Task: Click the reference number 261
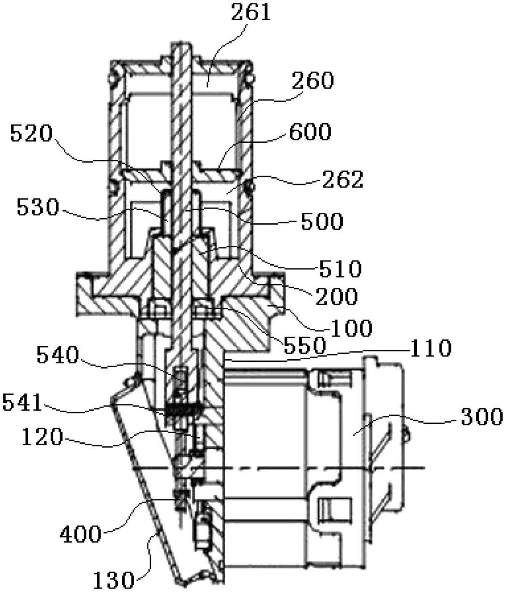[x=251, y=12]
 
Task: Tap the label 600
[x=310, y=132]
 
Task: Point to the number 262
[x=343, y=179]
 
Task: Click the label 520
[x=31, y=133]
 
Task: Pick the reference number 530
[x=38, y=207]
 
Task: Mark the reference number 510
[x=341, y=269]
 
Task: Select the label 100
[x=351, y=328]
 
